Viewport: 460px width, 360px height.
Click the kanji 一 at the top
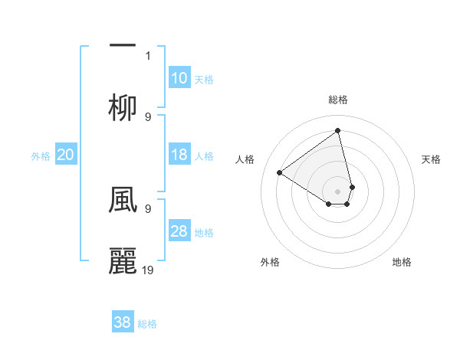[123, 45]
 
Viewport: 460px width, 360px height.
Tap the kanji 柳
[123, 108]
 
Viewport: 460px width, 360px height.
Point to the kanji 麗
[123, 261]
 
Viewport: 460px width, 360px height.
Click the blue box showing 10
[179, 78]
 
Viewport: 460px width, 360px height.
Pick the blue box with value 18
[179, 155]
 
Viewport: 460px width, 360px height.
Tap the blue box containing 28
[179, 231]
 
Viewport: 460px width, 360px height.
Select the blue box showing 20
[66, 155]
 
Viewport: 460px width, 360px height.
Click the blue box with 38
[123, 322]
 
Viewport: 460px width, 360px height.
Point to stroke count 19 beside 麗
[149, 270]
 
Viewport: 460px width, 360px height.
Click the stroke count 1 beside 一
[148, 55]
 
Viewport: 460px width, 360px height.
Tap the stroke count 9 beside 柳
[148, 116]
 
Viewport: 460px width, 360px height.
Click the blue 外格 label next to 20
[41, 155]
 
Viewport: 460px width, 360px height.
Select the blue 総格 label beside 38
[147, 323]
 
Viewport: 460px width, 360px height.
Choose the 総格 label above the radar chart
[338, 100]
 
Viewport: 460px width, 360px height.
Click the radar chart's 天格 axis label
[432, 159]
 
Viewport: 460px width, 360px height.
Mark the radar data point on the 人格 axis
[279, 172]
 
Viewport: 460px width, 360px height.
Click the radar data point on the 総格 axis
[338, 130]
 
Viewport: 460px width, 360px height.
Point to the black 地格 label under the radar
[402, 262]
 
